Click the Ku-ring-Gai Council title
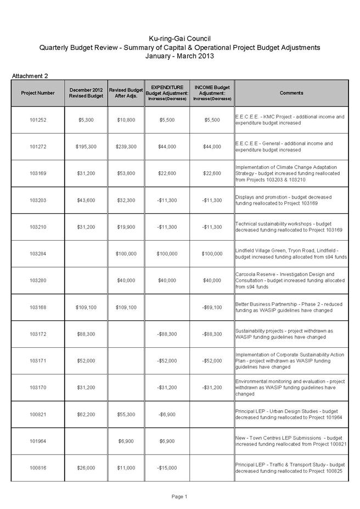coord(179,38)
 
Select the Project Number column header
coord(38,93)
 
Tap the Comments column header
coord(291,93)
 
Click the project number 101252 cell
coord(38,120)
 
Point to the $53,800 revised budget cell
coord(127,173)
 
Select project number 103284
coord(38,254)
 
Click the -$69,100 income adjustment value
coord(211,308)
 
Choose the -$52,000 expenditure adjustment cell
coord(166,361)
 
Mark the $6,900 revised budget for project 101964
coord(127,441)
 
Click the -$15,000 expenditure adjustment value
coord(166,468)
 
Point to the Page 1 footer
coord(179,497)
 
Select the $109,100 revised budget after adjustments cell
coord(127,308)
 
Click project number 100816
coord(38,468)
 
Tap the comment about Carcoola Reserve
coord(291,280)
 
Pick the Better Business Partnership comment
coord(291,307)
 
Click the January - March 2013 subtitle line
coord(179,56)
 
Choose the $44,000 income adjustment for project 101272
coord(211,147)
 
